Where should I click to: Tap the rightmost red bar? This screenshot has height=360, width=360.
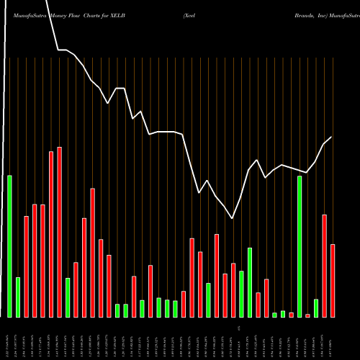(333, 281)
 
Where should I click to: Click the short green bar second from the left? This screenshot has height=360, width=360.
(18, 297)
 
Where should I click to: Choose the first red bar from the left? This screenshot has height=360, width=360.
(27, 266)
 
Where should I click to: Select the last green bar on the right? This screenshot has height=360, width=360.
(316, 308)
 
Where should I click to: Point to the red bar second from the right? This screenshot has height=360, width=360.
(325, 266)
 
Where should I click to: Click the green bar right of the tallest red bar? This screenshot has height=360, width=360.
(68, 297)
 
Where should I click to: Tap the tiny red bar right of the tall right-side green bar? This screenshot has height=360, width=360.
(308, 315)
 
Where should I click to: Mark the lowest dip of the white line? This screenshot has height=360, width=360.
(233, 218)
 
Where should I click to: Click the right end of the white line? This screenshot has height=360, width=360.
(331, 138)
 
